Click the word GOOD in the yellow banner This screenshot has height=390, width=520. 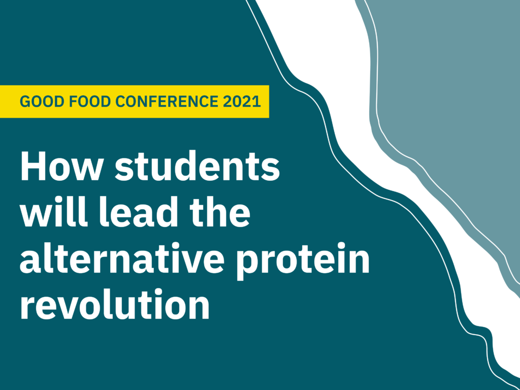37,102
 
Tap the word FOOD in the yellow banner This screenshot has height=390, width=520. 78,102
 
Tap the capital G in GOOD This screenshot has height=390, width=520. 24,102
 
